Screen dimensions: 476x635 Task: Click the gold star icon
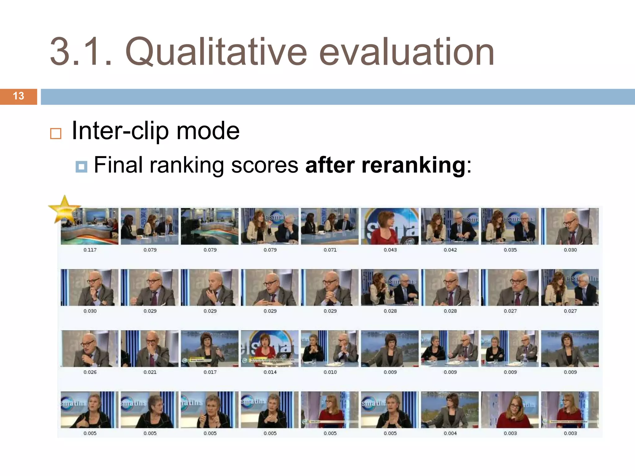pyautogui.click(x=64, y=209)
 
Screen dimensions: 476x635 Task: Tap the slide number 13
pyautogui.click(x=19, y=96)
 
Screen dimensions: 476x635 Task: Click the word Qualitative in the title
pyautogui.click(x=216, y=52)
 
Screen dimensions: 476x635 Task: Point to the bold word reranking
pyautogui.click(x=413, y=165)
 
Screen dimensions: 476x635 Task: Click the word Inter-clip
pyautogui.click(x=120, y=131)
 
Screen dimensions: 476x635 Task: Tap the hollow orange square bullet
pyautogui.click(x=56, y=134)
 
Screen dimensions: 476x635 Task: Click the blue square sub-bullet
pyautogui.click(x=81, y=167)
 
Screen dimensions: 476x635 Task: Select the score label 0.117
pyautogui.click(x=90, y=250)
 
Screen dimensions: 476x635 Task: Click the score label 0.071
pyautogui.click(x=330, y=250)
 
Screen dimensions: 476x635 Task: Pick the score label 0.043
pyautogui.click(x=390, y=250)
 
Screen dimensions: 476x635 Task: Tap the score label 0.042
pyautogui.click(x=450, y=250)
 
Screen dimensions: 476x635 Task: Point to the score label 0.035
pyautogui.click(x=510, y=250)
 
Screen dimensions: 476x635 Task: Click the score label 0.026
pyautogui.click(x=90, y=372)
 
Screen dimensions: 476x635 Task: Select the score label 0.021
pyautogui.click(x=150, y=372)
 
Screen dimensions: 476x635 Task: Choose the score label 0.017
pyautogui.click(x=210, y=372)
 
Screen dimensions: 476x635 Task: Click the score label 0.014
pyautogui.click(x=270, y=372)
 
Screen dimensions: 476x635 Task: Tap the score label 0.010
pyautogui.click(x=330, y=372)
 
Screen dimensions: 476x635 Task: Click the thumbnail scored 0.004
pyautogui.click(x=450, y=410)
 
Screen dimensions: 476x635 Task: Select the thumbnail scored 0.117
pyautogui.click(x=90, y=226)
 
